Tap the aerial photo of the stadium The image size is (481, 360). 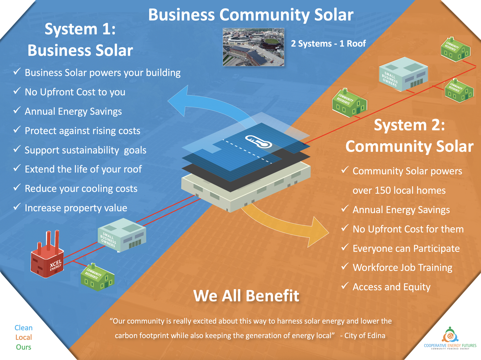(254, 47)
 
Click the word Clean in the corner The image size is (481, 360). (23, 328)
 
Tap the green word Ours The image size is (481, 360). (23, 347)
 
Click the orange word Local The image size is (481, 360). (23, 337)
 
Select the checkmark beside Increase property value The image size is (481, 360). (17, 206)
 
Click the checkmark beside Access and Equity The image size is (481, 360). (345, 285)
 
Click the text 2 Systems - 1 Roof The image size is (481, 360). (328, 44)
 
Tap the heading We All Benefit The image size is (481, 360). (246, 296)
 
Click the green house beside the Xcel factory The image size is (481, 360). (97, 277)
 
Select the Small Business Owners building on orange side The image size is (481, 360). (403, 74)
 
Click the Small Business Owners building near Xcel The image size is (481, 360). (122, 235)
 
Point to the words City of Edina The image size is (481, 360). (365, 335)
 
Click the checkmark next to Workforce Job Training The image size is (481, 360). (345, 266)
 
